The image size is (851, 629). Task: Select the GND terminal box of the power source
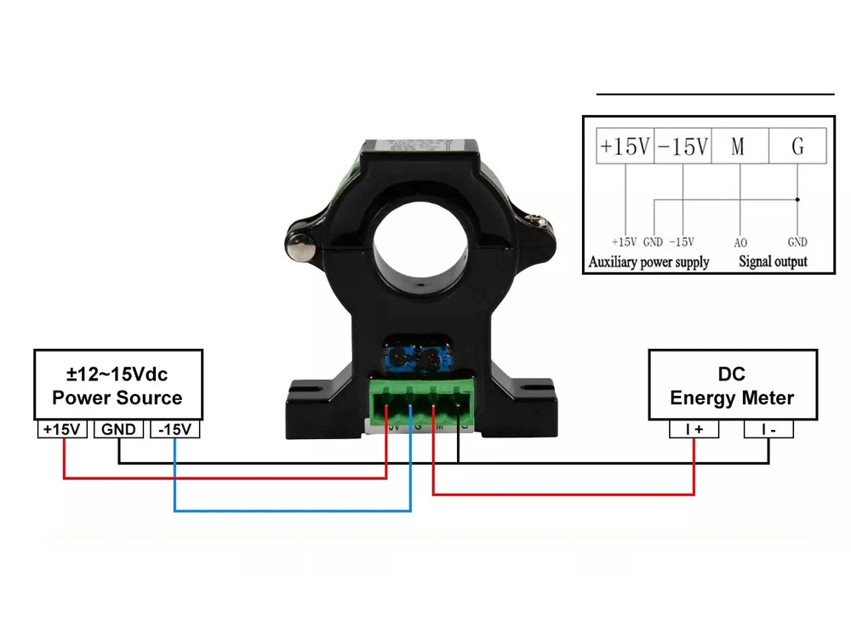(118, 430)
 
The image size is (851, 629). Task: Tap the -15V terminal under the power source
(175, 430)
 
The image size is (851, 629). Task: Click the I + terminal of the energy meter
(694, 430)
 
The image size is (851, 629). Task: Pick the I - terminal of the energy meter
(768, 430)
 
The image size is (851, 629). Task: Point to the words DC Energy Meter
(732, 386)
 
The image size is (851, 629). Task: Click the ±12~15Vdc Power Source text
(117, 386)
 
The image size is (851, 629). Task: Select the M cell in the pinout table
(738, 146)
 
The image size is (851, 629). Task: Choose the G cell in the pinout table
(797, 146)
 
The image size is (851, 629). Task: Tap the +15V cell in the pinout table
(624, 146)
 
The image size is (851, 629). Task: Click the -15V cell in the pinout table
(683, 146)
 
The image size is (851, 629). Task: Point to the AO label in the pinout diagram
(740, 243)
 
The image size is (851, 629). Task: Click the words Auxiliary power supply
(648, 262)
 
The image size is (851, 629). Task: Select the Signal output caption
(773, 262)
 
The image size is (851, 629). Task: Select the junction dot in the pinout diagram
(797, 200)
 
